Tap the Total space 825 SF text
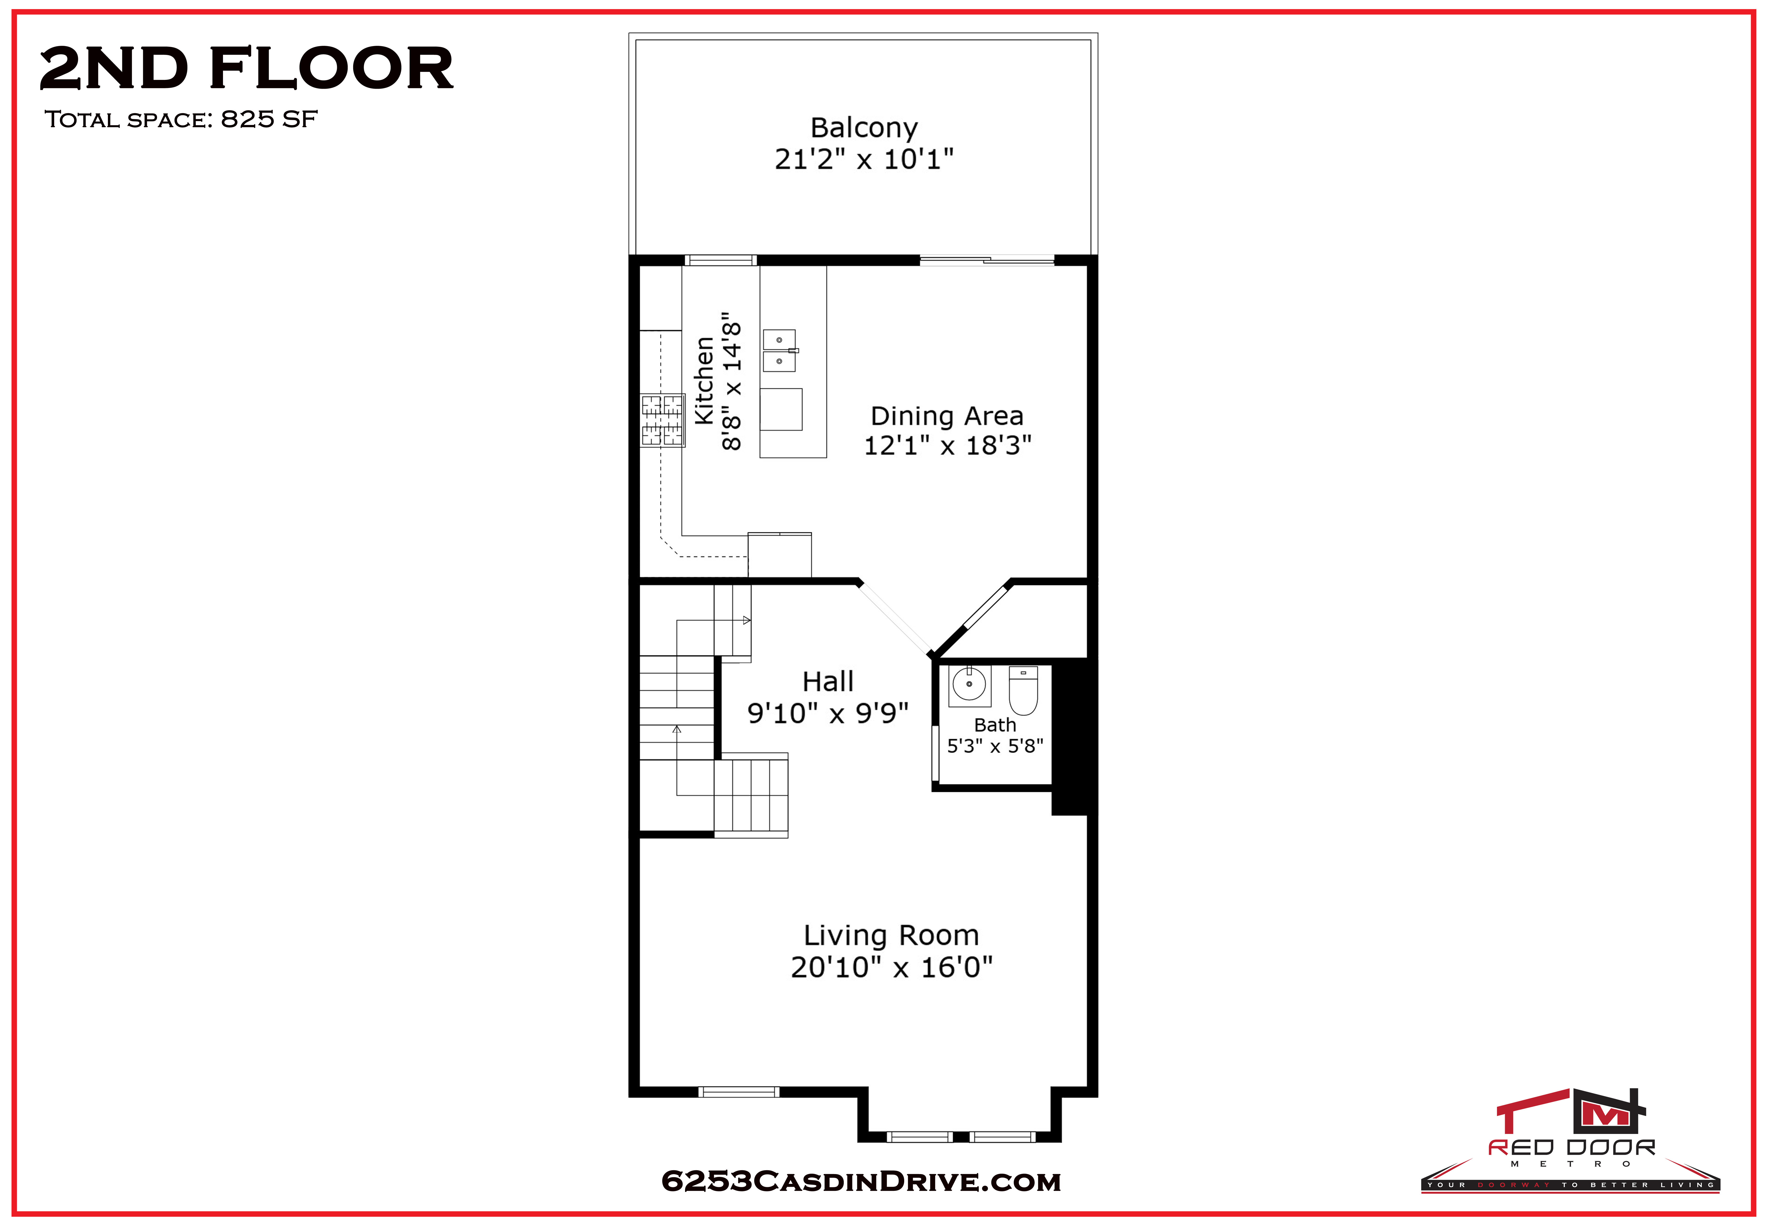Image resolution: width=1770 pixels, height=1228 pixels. (x=181, y=119)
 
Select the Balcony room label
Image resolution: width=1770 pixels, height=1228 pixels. (x=863, y=128)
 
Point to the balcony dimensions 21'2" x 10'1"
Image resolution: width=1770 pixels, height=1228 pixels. (x=863, y=159)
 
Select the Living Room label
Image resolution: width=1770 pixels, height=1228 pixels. (x=891, y=936)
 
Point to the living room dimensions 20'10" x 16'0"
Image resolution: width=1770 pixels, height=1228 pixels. (x=891, y=967)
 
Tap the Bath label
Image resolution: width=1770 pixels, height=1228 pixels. (x=995, y=725)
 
